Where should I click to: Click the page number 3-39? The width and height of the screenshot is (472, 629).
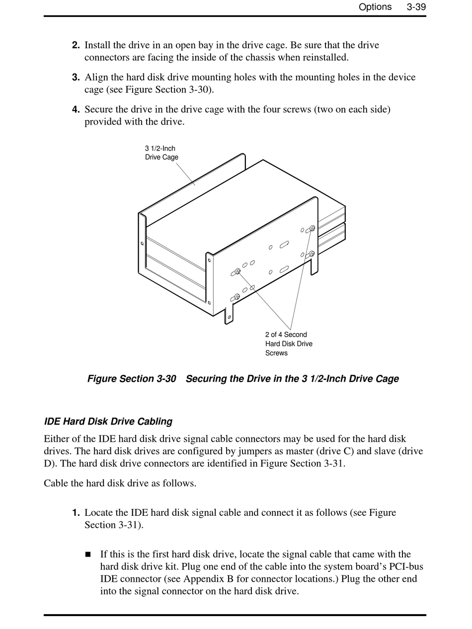pos(416,7)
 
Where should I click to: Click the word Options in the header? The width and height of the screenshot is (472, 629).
pos(375,7)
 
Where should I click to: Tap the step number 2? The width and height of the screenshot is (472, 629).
pos(76,45)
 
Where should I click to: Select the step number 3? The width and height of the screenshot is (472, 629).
pos(76,77)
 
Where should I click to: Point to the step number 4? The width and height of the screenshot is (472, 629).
pos(76,109)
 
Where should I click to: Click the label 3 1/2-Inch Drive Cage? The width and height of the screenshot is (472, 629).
pos(161,153)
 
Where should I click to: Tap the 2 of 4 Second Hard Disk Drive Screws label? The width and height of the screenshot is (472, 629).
pos(289,344)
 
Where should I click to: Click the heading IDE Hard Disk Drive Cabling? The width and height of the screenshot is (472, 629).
pos(108,421)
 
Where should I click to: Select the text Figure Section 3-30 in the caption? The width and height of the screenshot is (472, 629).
pos(132,379)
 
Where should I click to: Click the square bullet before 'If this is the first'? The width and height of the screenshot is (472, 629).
pos(88,555)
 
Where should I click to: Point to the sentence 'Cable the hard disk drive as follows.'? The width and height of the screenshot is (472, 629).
pos(120,483)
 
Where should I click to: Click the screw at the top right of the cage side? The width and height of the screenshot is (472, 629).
pos(313,228)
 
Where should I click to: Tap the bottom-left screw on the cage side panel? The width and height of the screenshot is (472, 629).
pos(237,296)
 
